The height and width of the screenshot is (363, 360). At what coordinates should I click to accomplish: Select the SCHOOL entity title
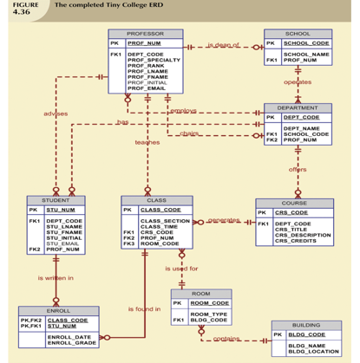(298, 34)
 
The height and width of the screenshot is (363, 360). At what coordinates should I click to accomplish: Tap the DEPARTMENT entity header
(298, 108)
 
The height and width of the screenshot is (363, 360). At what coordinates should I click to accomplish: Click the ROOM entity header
(200, 295)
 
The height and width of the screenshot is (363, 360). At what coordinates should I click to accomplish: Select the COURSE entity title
(293, 204)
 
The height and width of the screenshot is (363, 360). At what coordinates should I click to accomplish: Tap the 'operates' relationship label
(298, 81)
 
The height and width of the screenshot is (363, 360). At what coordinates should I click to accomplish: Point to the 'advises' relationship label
(56, 113)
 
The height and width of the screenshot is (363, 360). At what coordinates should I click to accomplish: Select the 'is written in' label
(56, 277)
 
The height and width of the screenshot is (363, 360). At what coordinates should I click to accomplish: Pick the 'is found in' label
(144, 308)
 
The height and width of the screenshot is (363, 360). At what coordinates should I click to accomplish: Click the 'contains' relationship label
(226, 338)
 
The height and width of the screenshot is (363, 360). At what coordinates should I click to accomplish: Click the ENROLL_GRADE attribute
(70, 343)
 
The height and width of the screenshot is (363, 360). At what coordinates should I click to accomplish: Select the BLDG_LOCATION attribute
(313, 352)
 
